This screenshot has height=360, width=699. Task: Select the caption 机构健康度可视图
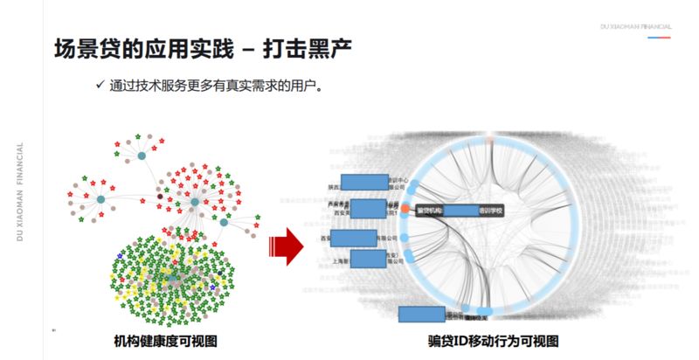tap(165, 341)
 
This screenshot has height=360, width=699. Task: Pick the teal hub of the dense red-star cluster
tap(195, 202)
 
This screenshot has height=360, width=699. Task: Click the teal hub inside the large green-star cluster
tap(176, 266)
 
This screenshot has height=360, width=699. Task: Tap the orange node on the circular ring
tap(406, 210)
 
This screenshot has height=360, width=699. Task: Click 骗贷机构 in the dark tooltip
tap(431, 211)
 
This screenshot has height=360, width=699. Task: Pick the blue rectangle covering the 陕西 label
tap(364, 182)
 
